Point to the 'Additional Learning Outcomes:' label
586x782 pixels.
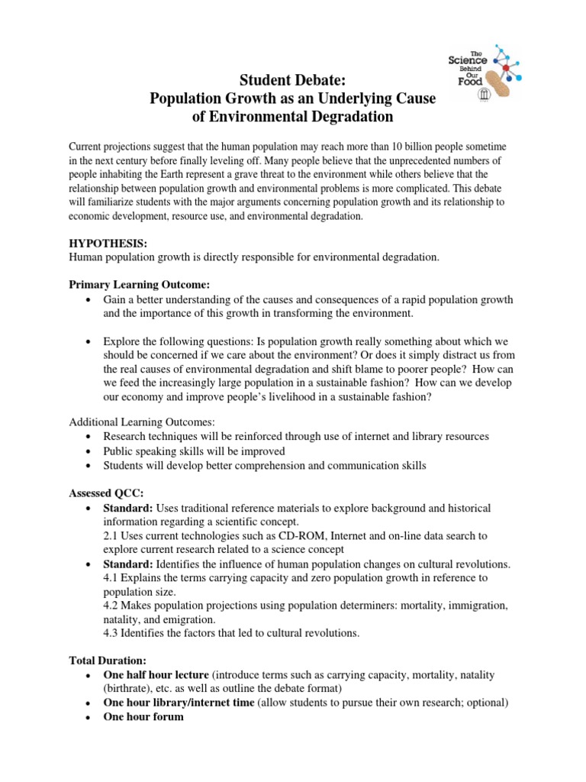tap(140, 422)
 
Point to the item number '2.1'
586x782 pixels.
tap(111, 536)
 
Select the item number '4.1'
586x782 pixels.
tap(111, 577)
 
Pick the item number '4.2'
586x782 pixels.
tap(111, 605)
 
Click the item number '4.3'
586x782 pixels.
tap(111, 632)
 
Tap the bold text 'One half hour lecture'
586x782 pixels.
tap(156, 675)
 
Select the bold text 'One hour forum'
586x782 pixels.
tap(143, 716)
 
